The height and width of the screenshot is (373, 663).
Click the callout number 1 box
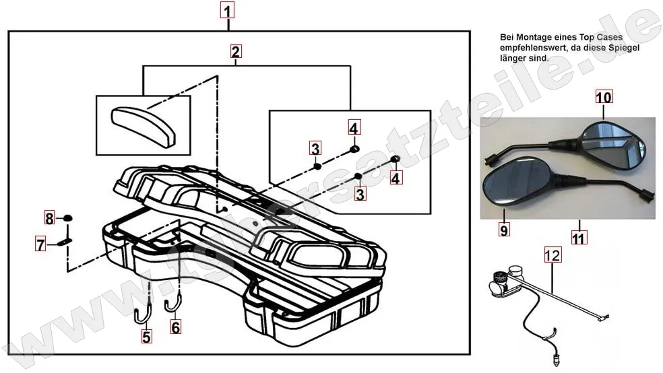coord(228,11)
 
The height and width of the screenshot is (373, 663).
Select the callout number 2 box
coord(235,51)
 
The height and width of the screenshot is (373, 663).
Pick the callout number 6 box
coord(175,328)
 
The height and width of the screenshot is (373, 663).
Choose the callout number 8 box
coord(49,218)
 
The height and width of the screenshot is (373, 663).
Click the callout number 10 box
coord(603,97)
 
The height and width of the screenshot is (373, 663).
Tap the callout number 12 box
coord(552,255)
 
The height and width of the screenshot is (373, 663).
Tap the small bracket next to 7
coord(65,242)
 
